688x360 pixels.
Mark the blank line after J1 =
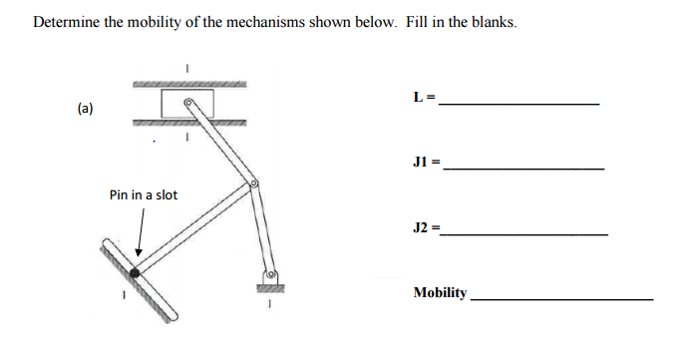(523, 169)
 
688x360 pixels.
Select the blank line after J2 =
(525, 234)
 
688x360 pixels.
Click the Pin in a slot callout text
(144, 194)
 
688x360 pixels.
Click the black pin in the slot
(135, 271)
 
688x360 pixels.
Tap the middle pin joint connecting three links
(254, 184)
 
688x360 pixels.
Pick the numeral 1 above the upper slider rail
(185, 69)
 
